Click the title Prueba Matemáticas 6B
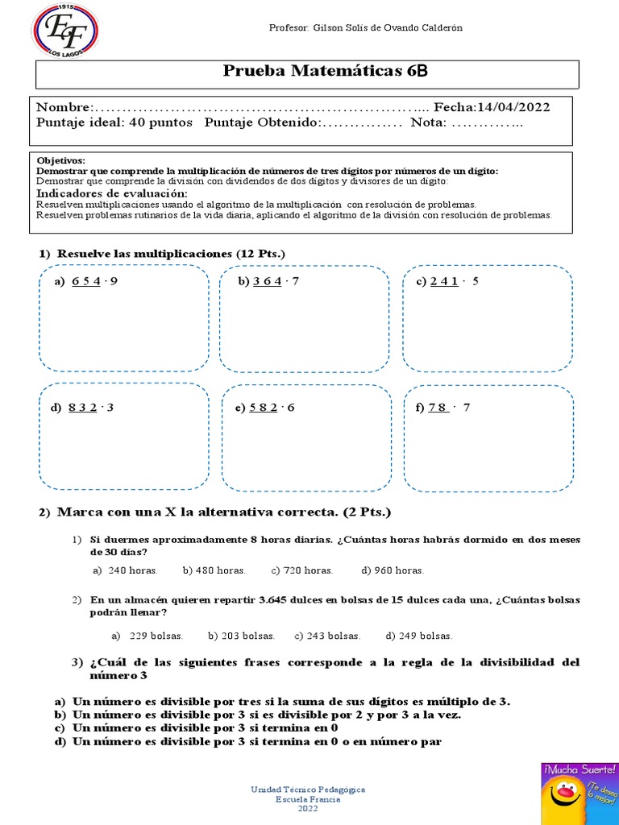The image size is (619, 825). [325, 72]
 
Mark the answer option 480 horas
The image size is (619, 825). [214, 570]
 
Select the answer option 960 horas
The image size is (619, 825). [393, 570]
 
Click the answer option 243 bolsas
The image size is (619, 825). [327, 636]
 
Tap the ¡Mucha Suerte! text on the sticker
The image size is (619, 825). [580, 769]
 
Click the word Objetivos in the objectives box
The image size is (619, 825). [60, 160]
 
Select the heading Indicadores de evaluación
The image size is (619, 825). [112, 194]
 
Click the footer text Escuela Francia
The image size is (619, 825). [309, 799]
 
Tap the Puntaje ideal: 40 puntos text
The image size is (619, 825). [114, 122]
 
